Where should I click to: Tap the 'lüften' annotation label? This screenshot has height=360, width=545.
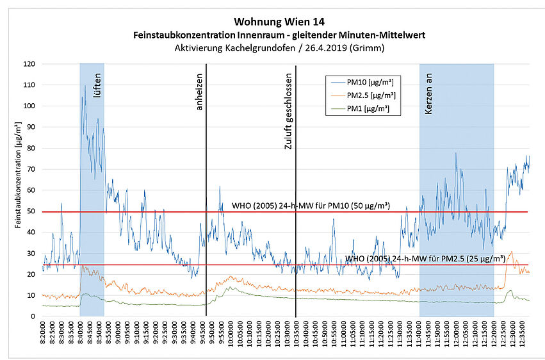97,84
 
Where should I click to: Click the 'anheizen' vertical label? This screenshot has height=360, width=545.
199,94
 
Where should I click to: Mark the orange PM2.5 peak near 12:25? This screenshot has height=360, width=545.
510,252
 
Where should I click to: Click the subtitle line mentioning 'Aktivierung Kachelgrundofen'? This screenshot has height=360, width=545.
277,47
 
